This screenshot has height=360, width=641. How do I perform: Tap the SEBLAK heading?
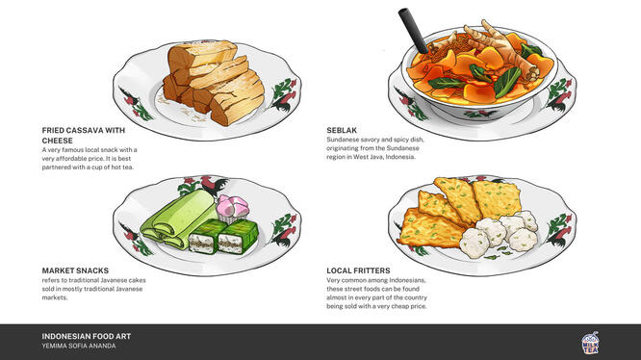click(344, 129)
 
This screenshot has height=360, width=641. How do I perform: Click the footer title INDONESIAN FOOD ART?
click(87, 337)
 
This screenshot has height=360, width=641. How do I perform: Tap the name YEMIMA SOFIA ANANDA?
click(79, 347)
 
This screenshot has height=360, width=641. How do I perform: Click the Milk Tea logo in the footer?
click(591, 344)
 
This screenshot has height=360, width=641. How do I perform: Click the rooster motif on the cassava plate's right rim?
click(278, 96)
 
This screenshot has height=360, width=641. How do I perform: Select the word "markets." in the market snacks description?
click(55, 298)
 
